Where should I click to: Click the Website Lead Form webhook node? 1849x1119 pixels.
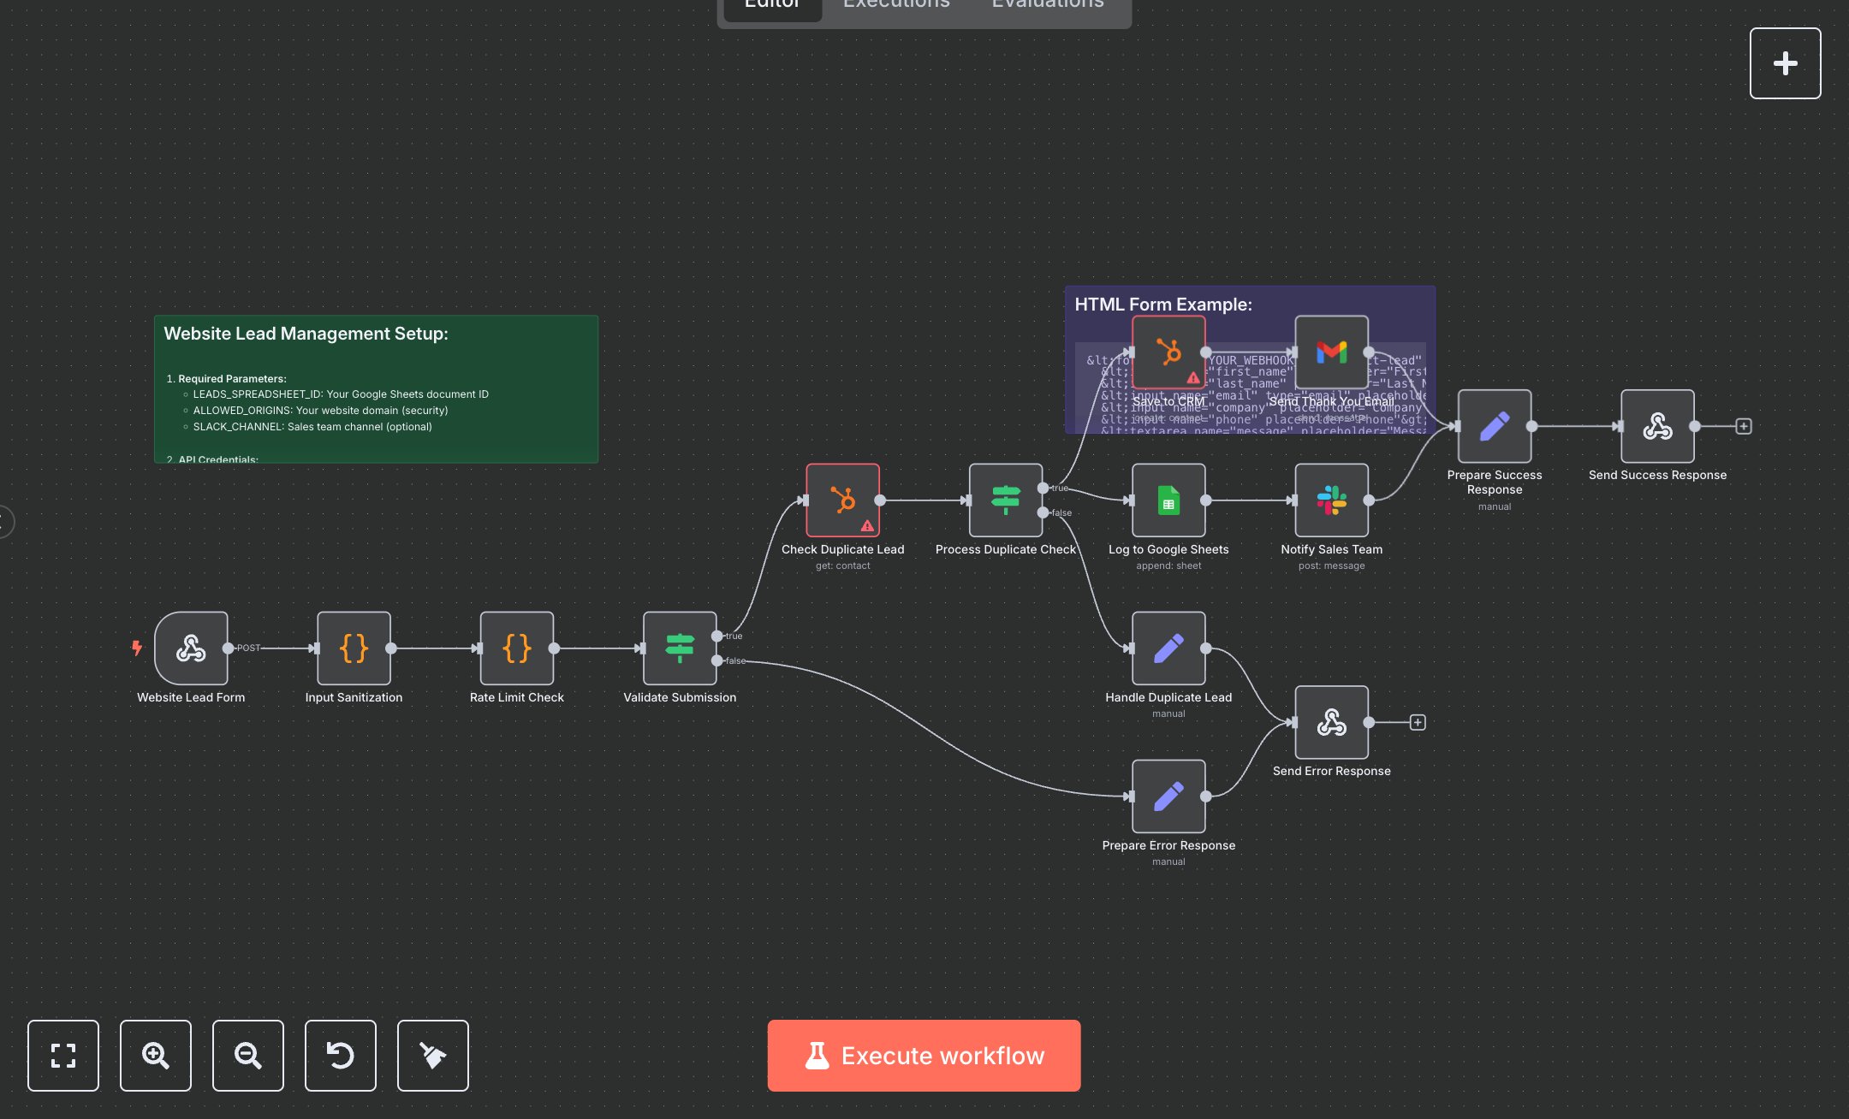pos(191,648)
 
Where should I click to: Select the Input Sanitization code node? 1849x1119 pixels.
pos(354,648)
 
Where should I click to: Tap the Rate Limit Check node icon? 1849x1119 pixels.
pos(517,648)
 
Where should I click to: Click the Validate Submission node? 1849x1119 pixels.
pos(680,648)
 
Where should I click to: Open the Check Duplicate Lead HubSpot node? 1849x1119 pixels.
pos(842,500)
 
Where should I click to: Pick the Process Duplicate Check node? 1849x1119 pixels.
pos(1005,500)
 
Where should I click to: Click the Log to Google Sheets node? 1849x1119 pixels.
pos(1168,500)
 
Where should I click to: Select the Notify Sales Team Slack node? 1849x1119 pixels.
pos(1331,500)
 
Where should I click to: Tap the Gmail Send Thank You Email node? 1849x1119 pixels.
pos(1331,352)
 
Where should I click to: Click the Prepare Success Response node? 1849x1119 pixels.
pos(1495,426)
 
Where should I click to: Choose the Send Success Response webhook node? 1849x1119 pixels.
pos(1657,426)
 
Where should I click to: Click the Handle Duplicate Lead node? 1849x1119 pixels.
pos(1168,648)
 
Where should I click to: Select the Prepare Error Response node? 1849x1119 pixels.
pos(1168,796)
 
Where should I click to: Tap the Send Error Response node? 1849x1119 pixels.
pos(1331,722)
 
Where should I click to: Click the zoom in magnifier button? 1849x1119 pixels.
pos(156,1055)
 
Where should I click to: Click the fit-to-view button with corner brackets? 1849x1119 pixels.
pos(63,1055)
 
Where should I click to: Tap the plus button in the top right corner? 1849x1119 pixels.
pos(1785,63)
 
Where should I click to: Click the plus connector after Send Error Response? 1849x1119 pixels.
pos(1418,722)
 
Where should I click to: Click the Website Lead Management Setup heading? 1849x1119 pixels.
pos(306,334)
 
